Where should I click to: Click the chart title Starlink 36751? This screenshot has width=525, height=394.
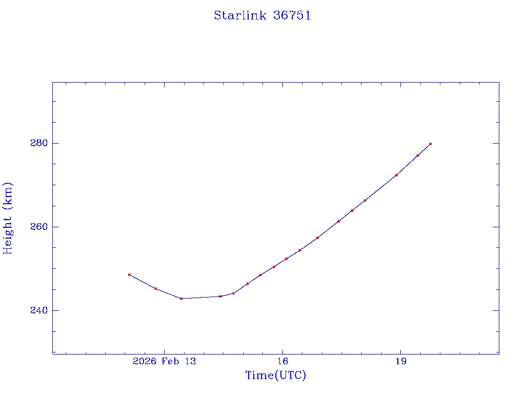point(262,16)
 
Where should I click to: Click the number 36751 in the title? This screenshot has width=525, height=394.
point(292,16)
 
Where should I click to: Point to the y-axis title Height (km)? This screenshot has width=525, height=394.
point(8,218)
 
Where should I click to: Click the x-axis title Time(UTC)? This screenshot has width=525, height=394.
point(275,376)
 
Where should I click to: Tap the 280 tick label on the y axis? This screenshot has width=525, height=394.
point(39,143)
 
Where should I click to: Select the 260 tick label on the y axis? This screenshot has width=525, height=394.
point(39,227)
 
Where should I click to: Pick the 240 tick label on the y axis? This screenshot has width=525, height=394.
point(39,311)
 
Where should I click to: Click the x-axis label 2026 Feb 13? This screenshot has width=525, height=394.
point(164,361)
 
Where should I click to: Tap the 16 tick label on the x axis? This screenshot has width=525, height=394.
point(282,361)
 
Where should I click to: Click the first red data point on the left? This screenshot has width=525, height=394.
point(129,274)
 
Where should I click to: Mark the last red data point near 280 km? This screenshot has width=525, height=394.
point(430,144)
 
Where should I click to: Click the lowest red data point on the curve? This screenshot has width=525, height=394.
point(181,299)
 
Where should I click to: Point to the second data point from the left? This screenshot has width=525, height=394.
point(156,289)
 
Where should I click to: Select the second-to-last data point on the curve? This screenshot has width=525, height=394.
point(418,155)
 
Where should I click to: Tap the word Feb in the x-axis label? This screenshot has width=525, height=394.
point(171,361)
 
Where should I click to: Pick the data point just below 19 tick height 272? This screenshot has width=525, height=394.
point(396,175)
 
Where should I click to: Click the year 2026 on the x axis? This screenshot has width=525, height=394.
point(144,361)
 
